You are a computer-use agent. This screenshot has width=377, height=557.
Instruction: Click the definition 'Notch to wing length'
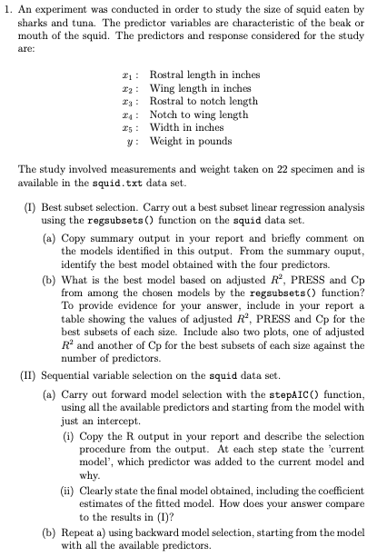tap(198, 115)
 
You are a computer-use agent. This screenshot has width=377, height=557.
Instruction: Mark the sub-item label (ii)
tap(69, 491)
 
